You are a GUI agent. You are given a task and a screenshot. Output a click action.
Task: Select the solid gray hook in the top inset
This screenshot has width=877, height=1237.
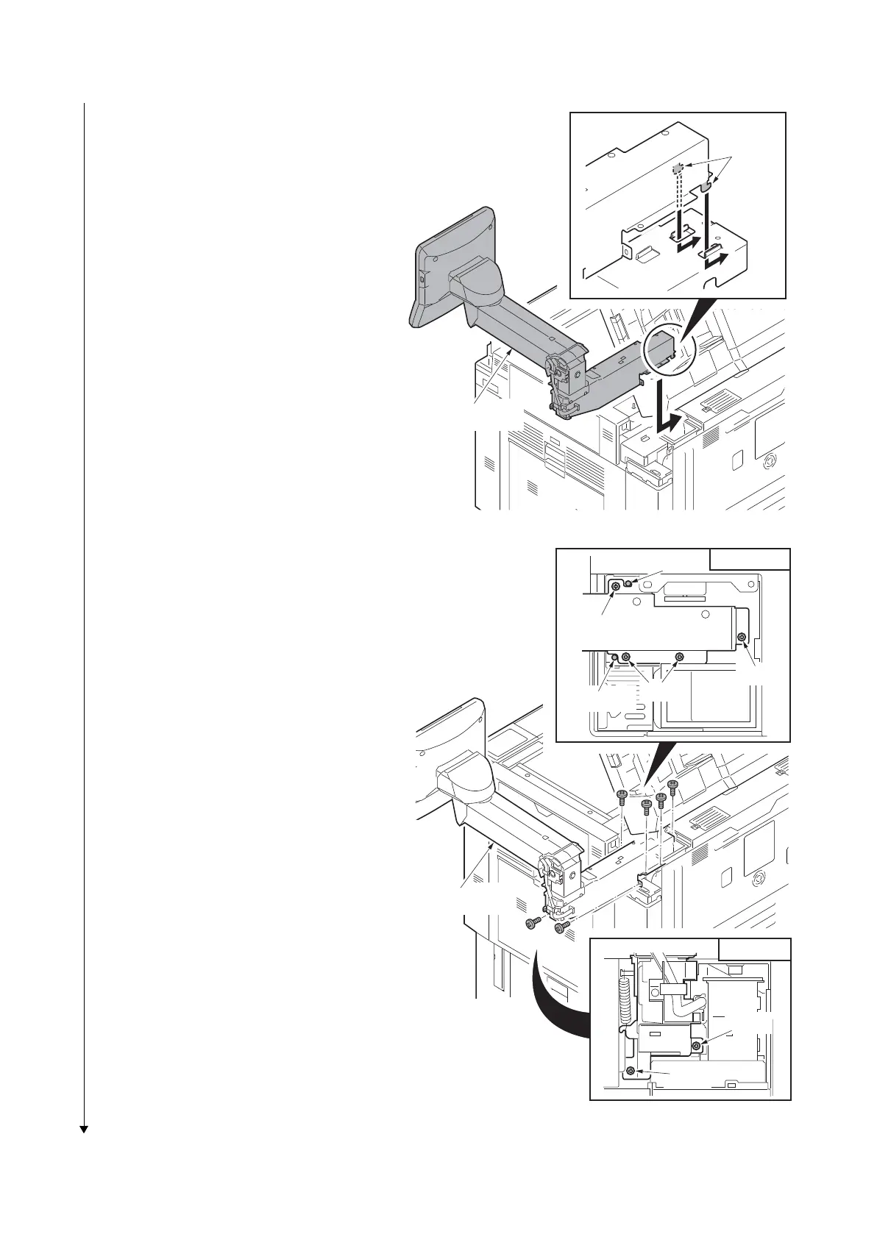706,187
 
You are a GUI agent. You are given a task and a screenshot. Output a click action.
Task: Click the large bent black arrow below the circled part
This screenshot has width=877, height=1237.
671,409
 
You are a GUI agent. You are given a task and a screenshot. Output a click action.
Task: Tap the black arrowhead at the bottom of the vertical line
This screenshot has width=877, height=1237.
84,1129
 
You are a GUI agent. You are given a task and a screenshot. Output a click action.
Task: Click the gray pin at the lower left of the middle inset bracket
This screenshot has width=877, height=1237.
613,656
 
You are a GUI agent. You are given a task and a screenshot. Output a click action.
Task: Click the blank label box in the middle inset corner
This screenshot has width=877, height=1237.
750,559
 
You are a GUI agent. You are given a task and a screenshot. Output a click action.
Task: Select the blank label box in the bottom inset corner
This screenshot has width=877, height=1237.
754,948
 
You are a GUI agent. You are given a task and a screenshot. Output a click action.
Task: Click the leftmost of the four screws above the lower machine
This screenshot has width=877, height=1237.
621,795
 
